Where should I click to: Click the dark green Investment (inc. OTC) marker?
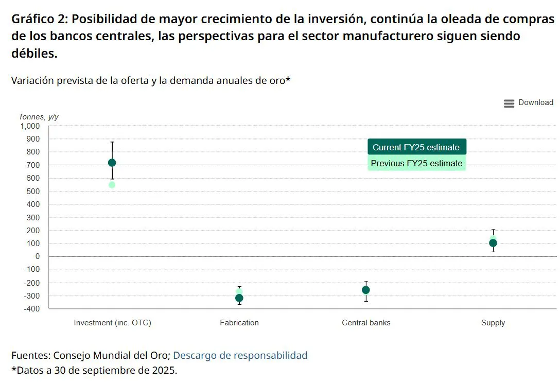[x=112, y=163]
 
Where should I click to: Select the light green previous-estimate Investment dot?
[x=112, y=185]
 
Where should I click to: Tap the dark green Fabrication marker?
[x=239, y=298]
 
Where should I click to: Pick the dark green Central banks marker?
[x=366, y=290]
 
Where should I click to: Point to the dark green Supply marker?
[x=493, y=243]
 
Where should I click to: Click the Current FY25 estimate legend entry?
[x=416, y=147]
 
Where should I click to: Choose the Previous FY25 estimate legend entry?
[x=416, y=164]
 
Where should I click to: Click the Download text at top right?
[x=536, y=102]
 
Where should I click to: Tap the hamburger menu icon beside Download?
[x=509, y=103]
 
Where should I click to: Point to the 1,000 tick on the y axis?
[x=30, y=126]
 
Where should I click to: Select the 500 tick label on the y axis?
[x=33, y=191]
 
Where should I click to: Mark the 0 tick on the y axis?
[x=38, y=256]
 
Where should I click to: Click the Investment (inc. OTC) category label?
[x=112, y=323]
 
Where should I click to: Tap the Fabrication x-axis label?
[x=239, y=323]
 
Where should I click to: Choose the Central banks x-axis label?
[x=366, y=323]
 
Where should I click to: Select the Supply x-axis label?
[x=493, y=323]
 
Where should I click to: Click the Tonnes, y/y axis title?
[x=39, y=117]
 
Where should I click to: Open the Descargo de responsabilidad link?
[x=240, y=355]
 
